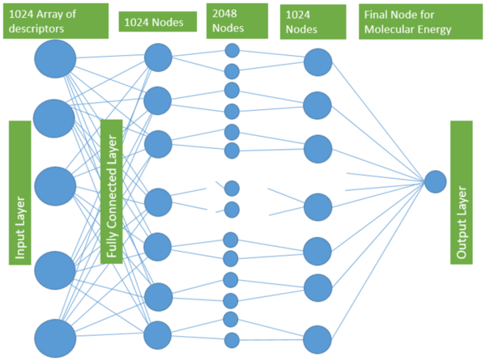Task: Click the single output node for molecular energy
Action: [436, 181]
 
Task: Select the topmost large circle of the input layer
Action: [55, 59]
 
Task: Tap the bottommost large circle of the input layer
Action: [55, 338]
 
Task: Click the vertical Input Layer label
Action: [21, 192]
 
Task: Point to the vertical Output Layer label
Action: [461, 192]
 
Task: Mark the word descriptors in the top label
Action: [40, 32]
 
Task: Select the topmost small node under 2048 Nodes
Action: [232, 50]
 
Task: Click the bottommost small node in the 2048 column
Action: [232, 339]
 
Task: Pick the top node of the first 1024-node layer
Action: [158, 57]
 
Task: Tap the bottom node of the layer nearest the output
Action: [318, 339]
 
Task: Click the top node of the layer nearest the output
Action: [318, 62]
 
